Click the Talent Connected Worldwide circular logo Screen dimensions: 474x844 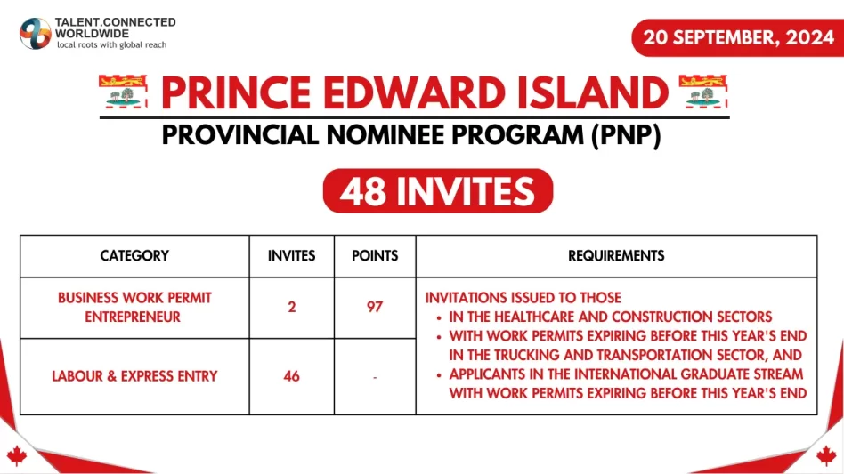36,33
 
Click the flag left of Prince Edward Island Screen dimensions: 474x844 125,92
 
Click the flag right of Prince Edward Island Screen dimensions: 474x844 703,92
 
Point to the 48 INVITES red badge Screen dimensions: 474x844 437,191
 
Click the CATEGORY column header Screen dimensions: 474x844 134,256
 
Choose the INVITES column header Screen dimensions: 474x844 291,256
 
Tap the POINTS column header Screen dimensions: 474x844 375,256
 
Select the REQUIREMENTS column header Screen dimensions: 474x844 616,256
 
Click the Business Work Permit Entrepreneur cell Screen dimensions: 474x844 134,307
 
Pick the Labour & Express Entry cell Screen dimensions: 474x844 134,376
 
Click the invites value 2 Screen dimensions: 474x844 291,307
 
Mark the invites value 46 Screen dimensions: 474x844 291,376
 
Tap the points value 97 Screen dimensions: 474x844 375,307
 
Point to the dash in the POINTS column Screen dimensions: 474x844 375,377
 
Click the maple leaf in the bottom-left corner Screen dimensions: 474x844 16,456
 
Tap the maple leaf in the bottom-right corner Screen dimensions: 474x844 827,456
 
